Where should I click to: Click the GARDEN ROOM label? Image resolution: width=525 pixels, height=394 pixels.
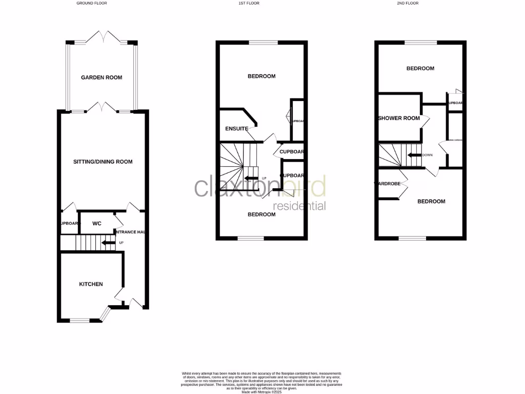102,77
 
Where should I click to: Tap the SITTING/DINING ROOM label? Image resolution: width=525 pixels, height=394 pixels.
103,162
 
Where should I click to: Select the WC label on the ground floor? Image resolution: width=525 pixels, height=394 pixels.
97,224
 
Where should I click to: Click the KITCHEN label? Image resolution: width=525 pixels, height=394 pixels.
91,284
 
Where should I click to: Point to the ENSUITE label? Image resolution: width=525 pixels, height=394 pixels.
237,129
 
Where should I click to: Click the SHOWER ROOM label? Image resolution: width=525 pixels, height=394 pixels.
399,118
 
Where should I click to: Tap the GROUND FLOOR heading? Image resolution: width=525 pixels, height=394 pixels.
92,3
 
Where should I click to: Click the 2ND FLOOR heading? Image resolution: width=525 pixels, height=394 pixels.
408,3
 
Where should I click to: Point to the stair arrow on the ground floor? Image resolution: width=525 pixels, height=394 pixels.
108,243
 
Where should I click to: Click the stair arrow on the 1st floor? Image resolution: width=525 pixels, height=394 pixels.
251,179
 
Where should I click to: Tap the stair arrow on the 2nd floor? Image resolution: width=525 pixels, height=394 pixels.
414,155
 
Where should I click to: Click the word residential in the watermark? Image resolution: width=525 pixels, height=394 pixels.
300,206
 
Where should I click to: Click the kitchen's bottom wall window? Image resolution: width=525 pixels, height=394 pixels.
79,321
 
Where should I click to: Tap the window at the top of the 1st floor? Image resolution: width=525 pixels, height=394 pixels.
264,43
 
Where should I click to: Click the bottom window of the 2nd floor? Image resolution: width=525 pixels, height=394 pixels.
413,238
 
